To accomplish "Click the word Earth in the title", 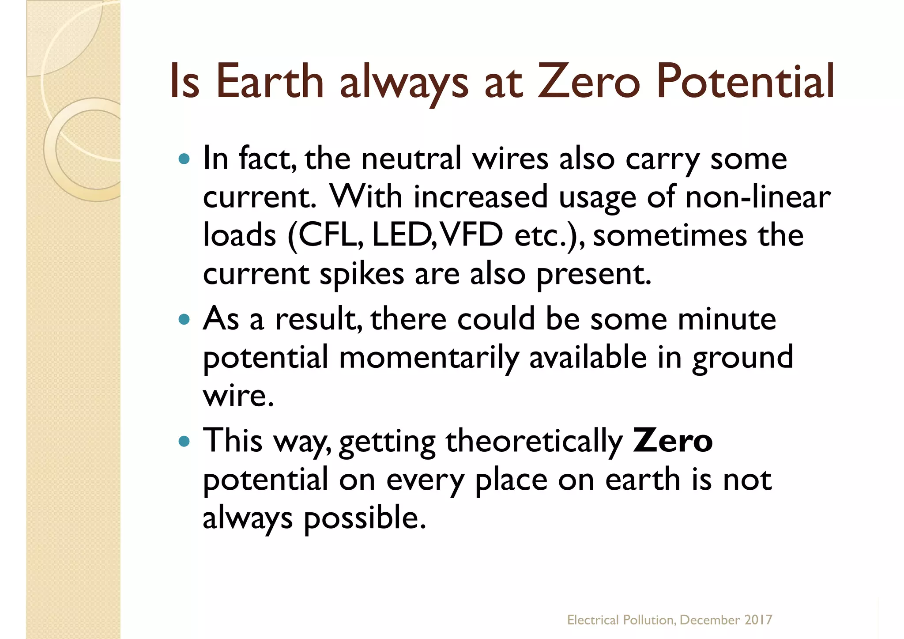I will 270,82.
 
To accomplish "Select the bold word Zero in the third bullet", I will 672,440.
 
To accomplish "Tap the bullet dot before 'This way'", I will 184,440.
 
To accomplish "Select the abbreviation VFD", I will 472,234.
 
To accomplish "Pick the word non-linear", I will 758,197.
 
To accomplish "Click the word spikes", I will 362,274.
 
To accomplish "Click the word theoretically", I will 534,441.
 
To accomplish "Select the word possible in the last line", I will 365,518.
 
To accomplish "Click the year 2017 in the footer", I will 758,620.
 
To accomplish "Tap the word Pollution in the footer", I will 649,620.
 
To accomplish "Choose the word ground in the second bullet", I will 742,358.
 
